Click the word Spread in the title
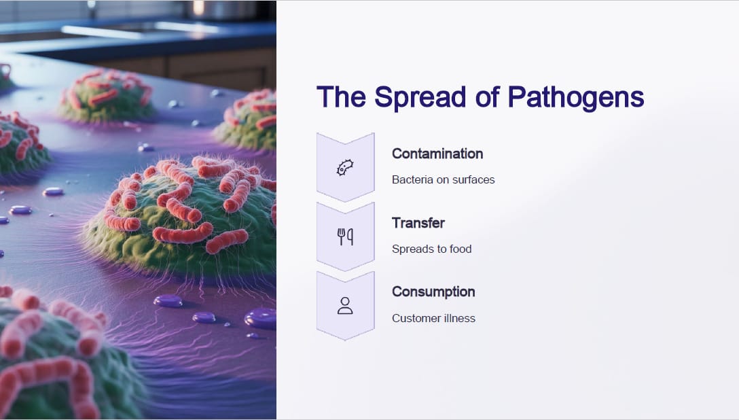(420, 98)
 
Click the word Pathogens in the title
(575, 98)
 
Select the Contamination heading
(437, 154)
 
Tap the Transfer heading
(418, 222)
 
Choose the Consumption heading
(433, 292)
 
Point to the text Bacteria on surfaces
(443, 179)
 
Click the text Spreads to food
(432, 249)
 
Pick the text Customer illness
(433, 318)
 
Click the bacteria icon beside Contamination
(345, 167)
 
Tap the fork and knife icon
(345, 237)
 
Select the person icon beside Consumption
(345, 305)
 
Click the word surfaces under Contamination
(473, 179)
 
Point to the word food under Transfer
(461, 249)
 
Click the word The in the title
(341, 98)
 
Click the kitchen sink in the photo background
(141, 29)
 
